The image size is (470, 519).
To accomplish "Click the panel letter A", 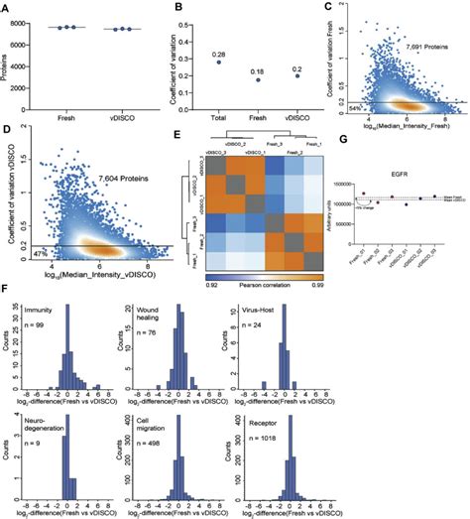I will pos(7,8).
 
